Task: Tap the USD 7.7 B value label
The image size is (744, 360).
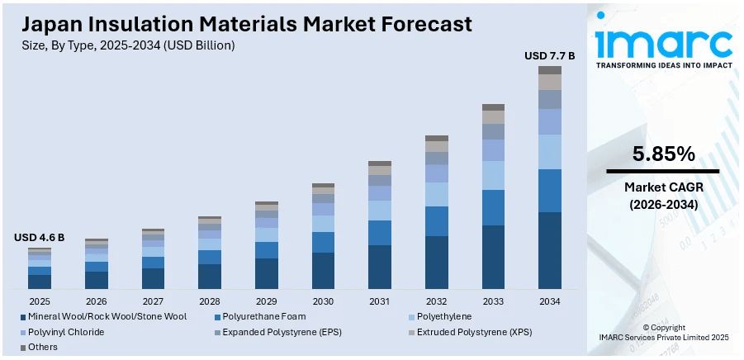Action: tap(550, 56)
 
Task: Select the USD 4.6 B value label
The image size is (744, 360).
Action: tap(39, 238)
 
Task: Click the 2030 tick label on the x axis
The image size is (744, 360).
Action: tap(323, 301)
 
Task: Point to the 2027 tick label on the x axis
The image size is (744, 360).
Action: tap(153, 301)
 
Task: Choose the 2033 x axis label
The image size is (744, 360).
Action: tap(493, 301)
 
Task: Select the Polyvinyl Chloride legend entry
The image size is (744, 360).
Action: tap(66, 332)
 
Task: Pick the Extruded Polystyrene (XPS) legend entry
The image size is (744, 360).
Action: tap(474, 332)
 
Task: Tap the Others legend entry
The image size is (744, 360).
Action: tap(44, 348)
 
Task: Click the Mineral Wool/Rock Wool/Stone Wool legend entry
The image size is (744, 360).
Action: tap(107, 316)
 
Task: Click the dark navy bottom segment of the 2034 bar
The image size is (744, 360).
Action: tap(550, 250)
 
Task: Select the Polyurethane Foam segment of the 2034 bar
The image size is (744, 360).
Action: tap(550, 191)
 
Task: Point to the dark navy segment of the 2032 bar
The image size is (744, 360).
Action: tap(437, 263)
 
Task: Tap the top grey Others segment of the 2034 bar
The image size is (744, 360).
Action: tap(550, 70)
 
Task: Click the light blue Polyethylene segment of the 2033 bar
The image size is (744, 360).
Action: tap(493, 175)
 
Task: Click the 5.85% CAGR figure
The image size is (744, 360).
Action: tap(663, 154)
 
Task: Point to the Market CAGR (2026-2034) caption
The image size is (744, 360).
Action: tap(663, 195)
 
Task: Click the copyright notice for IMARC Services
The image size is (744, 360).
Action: tap(663, 333)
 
